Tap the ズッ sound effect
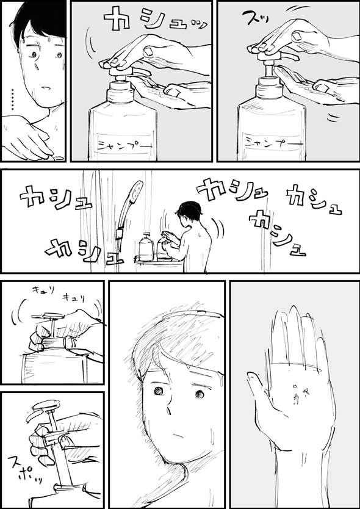(x=254, y=18)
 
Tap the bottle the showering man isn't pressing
(x=146, y=247)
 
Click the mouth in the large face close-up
(x=176, y=436)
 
